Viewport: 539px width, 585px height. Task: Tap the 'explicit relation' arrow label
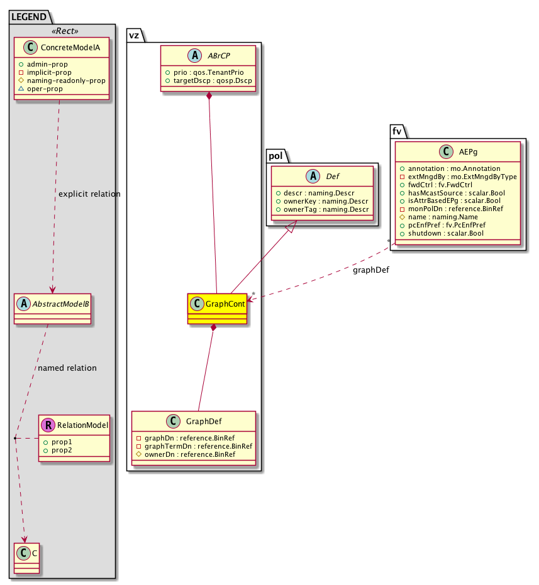89,194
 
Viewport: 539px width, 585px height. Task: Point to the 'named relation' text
67,368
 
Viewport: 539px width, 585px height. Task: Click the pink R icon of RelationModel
48,425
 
